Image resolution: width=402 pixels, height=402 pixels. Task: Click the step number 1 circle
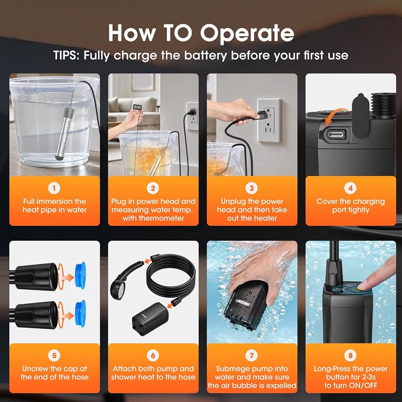point(54,188)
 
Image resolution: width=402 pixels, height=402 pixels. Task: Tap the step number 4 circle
point(351,188)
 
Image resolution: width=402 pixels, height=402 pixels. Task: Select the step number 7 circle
point(252,356)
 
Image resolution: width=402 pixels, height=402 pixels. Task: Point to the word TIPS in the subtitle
point(66,55)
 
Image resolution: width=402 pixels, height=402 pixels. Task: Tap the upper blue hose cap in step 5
point(80,276)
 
